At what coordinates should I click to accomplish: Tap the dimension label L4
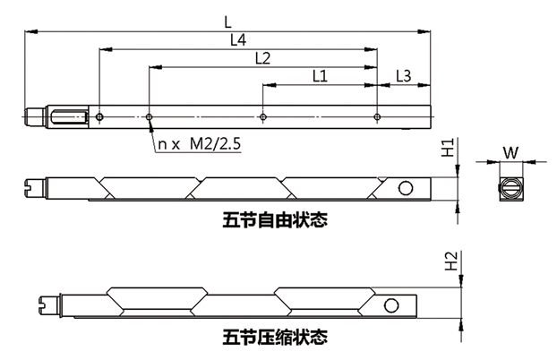click(238, 40)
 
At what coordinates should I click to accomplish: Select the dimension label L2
click(262, 58)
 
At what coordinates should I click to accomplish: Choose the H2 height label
click(452, 261)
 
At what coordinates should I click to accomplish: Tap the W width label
click(509, 152)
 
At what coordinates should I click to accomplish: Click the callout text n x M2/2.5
click(199, 143)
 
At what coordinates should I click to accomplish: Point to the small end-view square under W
click(509, 188)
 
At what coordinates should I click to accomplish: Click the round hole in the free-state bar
click(406, 187)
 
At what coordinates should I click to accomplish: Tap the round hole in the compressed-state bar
click(391, 304)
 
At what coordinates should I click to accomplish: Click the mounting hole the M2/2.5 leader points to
click(147, 116)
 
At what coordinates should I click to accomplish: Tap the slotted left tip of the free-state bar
click(30, 187)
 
